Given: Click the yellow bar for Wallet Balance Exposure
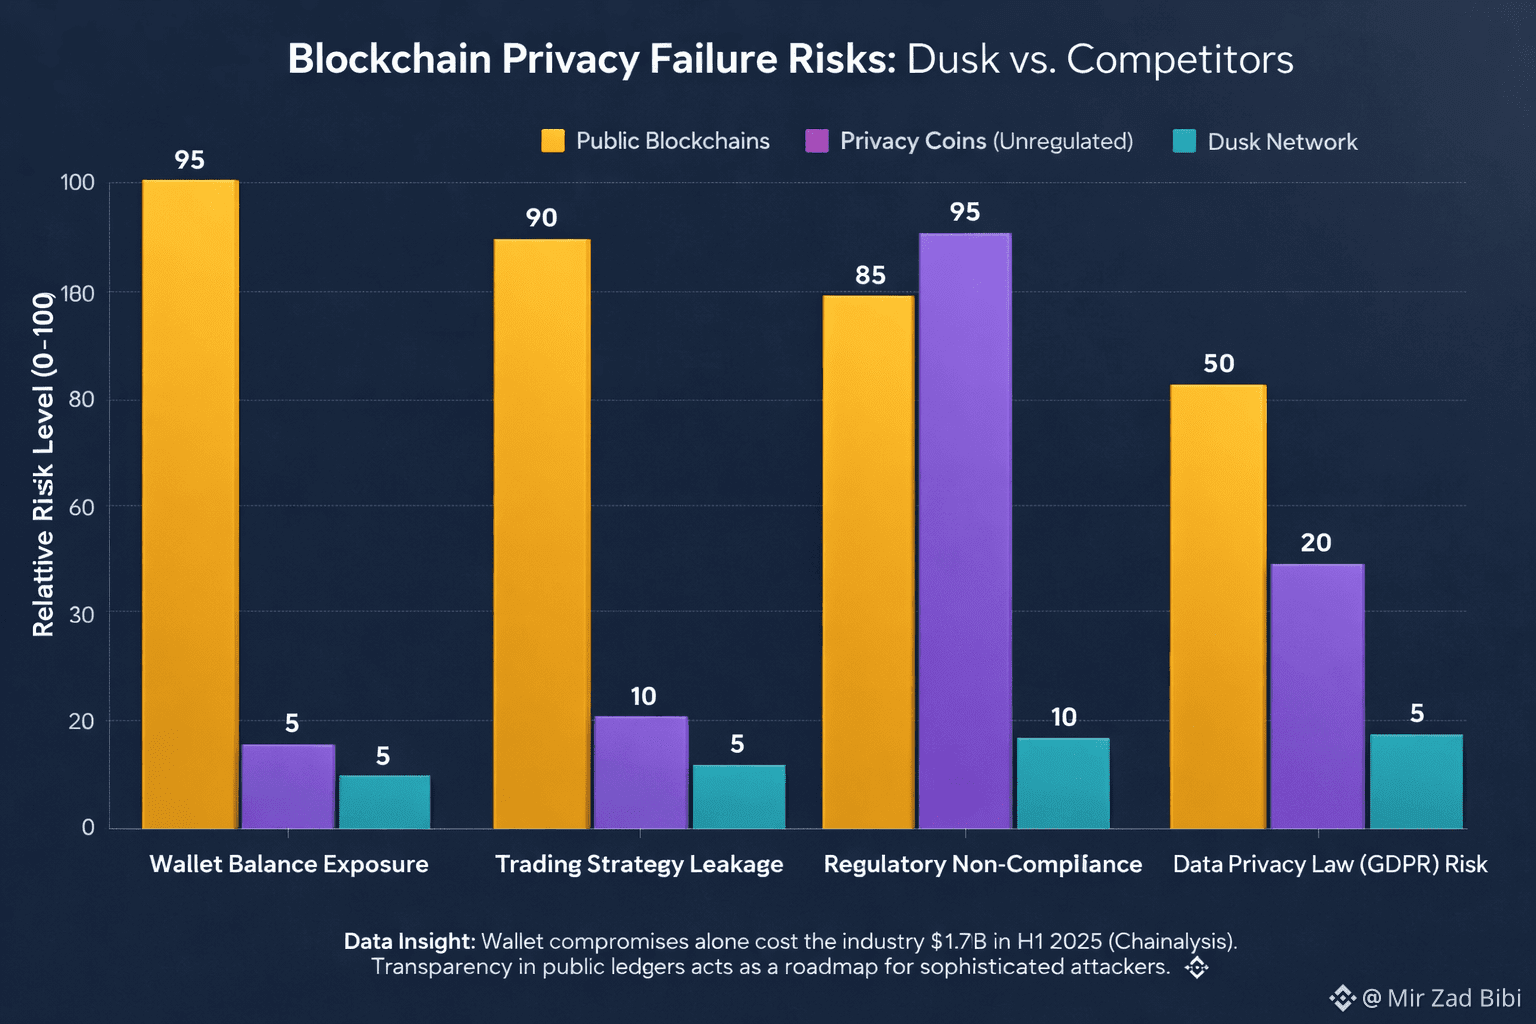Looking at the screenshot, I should pyautogui.click(x=190, y=505).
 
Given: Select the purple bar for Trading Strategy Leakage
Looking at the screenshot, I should pyautogui.click(x=641, y=772).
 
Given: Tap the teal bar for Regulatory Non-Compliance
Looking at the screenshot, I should pyautogui.click(x=1063, y=783).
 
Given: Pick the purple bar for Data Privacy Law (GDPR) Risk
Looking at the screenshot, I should pyautogui.click(x=1317, y=696).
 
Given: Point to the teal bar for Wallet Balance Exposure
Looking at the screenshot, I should pyautogui.click(x=384, y=802).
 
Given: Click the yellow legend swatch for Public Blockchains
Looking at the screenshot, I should pyautogui.click(x=553, y=141).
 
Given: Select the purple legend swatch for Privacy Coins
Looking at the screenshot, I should pyautogui.click(x=817, y=141).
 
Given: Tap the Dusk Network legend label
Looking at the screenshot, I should pyautogui.click(x=1282, y=142).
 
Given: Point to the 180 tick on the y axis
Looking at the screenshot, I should pyautogui.click(x=78, y=293).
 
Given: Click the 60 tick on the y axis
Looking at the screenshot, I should pyautogui.click(x=81, y=507).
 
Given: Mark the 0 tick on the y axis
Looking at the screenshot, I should pyautogui.click(x=88, y=827).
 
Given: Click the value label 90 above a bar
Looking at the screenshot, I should pyautogui.click(x=541, y=218).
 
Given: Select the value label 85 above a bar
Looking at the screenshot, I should pyautogui.click(x=870, y=275).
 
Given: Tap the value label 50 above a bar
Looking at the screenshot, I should pyautogui.click(x=1218, y=364).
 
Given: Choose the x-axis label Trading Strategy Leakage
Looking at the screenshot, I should pyautogui.click(x=639, y=864).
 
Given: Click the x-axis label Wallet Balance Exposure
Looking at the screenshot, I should pyautogui.click(x=289, y=864).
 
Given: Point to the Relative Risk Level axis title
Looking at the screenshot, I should pyautogui.click(x=43, y=465).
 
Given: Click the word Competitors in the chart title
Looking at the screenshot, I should pyautogui.click(x=1180, y=60).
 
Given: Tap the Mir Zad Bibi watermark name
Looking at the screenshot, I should pyautogui.click(x=1454, y=998).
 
